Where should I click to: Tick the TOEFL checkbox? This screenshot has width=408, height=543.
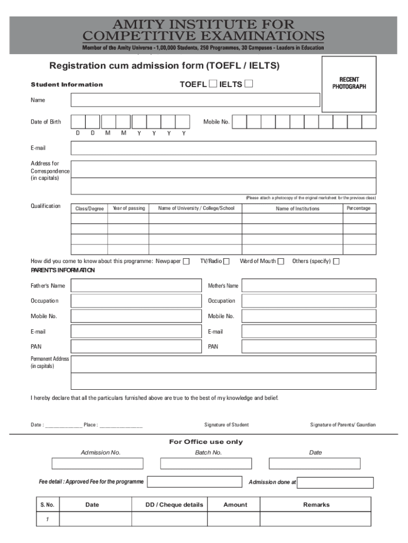212,84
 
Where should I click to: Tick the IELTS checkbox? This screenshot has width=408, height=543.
249,84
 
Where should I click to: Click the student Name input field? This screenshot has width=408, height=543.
196,100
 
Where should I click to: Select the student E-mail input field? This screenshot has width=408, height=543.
223,148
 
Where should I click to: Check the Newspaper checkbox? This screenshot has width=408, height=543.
186,261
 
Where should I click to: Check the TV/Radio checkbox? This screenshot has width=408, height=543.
226,261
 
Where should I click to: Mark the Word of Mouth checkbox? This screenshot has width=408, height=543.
281,261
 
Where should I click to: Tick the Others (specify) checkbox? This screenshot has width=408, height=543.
336,261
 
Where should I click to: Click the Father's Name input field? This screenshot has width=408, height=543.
137,286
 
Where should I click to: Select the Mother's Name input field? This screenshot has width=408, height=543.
309,286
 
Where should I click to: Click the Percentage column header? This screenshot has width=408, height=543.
359,208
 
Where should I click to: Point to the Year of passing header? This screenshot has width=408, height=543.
128,208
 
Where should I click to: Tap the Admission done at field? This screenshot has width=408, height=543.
335,483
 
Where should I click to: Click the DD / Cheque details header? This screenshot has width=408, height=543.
174,505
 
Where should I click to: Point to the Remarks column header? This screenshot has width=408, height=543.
316,505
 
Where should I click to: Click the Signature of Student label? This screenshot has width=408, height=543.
226,425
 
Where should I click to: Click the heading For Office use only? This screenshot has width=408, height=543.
206,442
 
